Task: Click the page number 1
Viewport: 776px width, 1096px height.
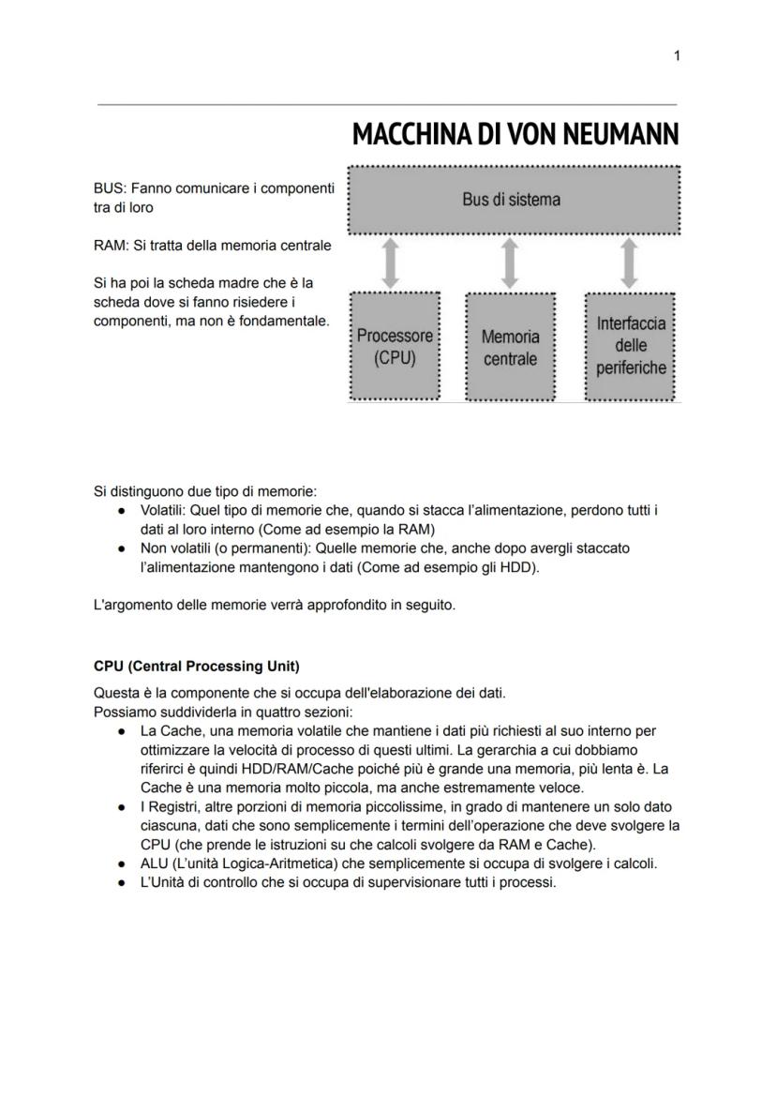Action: point(677,56)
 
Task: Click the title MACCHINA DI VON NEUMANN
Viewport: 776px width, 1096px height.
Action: point(515,136)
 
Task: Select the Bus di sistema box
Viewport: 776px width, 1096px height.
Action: point(513,200)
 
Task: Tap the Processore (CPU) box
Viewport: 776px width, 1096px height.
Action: point(395,346)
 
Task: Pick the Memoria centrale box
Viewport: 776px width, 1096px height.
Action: point(510,347)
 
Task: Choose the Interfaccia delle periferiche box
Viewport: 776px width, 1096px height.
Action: point(632,345)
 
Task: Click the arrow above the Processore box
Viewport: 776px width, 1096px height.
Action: point(394,263)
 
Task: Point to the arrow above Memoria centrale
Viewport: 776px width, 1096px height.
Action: point(510,263)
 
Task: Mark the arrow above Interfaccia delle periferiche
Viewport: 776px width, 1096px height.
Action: point(631,263)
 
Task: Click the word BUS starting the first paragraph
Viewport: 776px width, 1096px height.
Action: point(110,189)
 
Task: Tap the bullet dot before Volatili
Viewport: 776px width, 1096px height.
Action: point(123,511)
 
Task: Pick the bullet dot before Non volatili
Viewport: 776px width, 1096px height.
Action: point(123,548)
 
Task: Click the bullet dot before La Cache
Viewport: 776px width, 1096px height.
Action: point(123,730)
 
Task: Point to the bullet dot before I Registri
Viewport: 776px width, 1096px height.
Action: point(123,807)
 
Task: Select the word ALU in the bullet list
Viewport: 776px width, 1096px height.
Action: point(154,863)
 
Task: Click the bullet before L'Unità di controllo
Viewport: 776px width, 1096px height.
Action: point(123,882)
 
